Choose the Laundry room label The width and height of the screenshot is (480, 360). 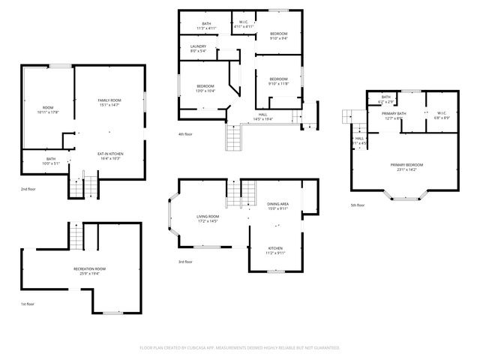[x=198, y=49]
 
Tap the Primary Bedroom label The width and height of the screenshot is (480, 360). [x=406, y=166]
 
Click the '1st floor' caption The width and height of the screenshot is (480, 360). [x=28, y=304]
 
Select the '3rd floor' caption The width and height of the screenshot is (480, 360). [x=185, y=262]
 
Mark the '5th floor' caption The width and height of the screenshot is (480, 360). [x=357, y=205]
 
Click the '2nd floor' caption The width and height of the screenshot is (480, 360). [x=28, y=189]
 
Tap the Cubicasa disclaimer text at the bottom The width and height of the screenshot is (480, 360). [x=240, y=348]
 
